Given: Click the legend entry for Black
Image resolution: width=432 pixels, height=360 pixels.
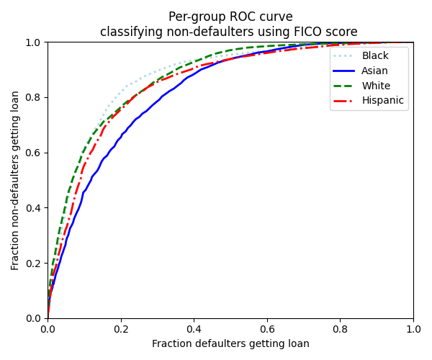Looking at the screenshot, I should (x=375, y=56).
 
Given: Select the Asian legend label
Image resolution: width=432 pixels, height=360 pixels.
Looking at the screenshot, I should (x=375, y=71).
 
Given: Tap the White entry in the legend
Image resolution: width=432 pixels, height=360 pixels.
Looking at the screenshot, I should (x=376, y=86).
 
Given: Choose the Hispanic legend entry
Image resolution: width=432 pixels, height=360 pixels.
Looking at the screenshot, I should (x=382, y=101).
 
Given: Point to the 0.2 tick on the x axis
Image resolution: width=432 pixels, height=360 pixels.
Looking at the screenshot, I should (x=121, y=329).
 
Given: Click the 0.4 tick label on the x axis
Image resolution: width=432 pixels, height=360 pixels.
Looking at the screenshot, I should (x=194, y=329).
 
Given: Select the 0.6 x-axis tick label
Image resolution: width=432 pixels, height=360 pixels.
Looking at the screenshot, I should (x=267, y=329).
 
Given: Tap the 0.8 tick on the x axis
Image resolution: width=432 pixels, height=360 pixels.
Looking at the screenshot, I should (x=341, y=329).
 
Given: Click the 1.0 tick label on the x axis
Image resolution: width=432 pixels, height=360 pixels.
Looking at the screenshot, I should (x=413, y=329).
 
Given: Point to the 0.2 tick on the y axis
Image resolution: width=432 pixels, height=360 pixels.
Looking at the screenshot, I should (x=34, y=263).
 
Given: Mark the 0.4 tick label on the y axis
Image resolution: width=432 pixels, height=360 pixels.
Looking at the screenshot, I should (x=34, y=208).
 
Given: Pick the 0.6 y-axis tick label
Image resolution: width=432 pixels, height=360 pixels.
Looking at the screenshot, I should (x=34, y=153).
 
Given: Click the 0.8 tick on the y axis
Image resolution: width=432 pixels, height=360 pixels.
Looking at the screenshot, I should (x=34, y=97).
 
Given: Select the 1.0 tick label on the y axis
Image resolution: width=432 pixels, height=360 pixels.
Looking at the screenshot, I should (x=34, y=42).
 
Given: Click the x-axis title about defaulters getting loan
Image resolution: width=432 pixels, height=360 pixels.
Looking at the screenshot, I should (x=230, y=344).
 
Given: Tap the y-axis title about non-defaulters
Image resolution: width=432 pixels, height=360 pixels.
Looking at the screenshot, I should (x=16, y=180).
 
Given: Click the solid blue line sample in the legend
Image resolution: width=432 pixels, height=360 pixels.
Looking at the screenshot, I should (x=344, y=71).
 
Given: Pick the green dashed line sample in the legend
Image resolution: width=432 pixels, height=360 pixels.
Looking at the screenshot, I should (x=344, y=86).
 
